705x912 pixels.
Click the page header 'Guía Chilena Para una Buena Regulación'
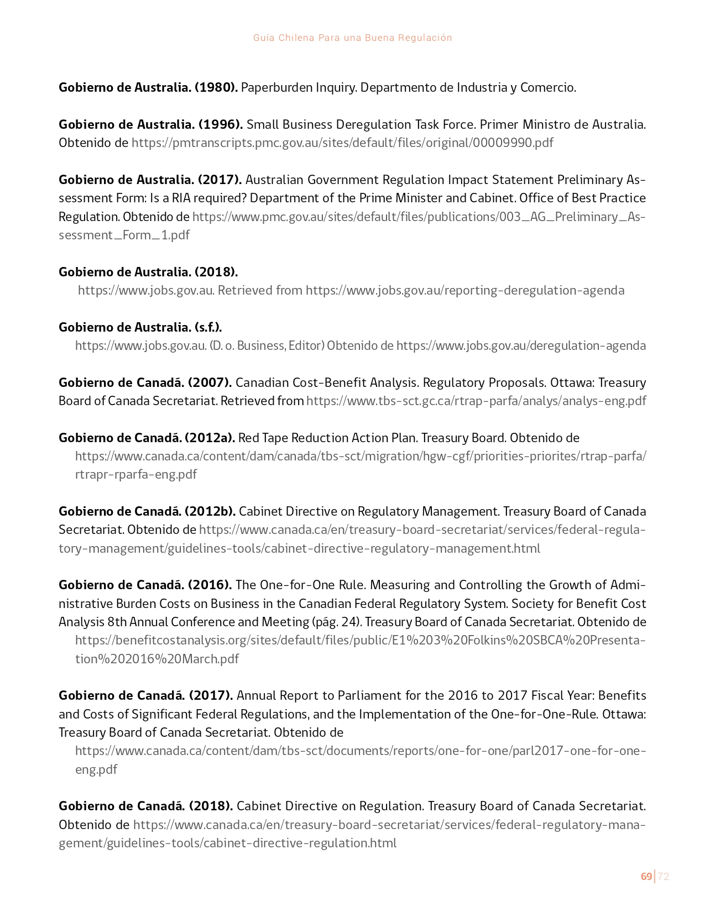(352, 38)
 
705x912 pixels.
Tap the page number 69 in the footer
(646, 876)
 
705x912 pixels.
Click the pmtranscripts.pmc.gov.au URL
(342, 143)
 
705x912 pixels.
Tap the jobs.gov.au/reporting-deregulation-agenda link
(465, 290)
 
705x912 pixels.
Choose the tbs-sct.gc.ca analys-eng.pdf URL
(476, 401)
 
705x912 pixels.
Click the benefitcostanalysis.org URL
(361, 640)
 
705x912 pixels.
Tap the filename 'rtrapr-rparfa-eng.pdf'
(136, 474)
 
